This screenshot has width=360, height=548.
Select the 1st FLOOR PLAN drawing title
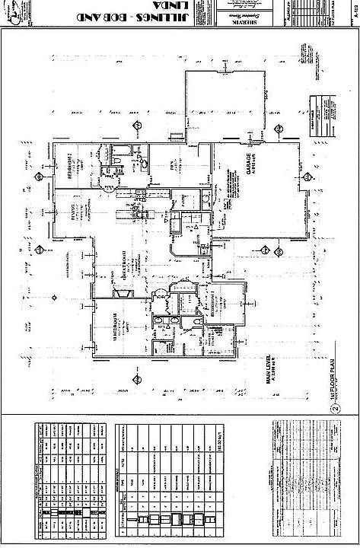pyautogui.click(x=332, y=384)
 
